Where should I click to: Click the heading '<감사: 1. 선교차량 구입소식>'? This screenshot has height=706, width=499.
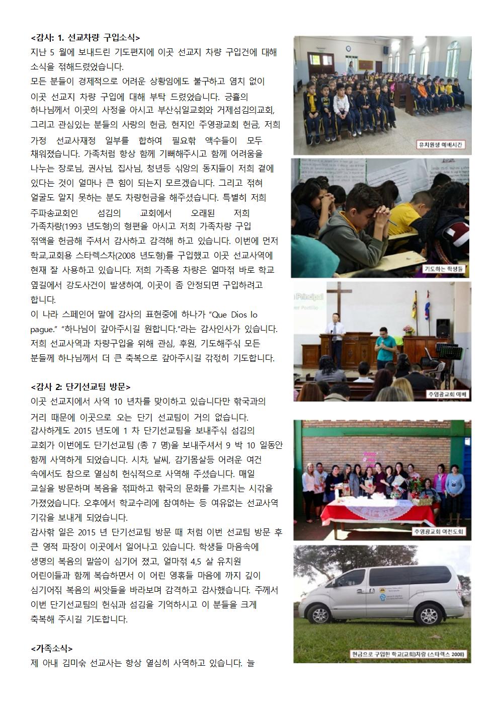click(85, 37)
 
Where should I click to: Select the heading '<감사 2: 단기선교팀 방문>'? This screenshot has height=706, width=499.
click(80, 386)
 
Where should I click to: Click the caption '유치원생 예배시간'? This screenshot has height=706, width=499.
click(442, 145)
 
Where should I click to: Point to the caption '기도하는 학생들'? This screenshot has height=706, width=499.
click(445, 269)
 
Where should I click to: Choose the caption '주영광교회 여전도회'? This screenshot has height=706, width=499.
click(440, 531)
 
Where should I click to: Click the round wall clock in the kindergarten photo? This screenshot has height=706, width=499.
click(348, 49)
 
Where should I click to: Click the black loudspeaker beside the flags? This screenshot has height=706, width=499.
click(443, 328)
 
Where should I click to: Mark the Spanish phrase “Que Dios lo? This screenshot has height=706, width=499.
click(235, 315)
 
